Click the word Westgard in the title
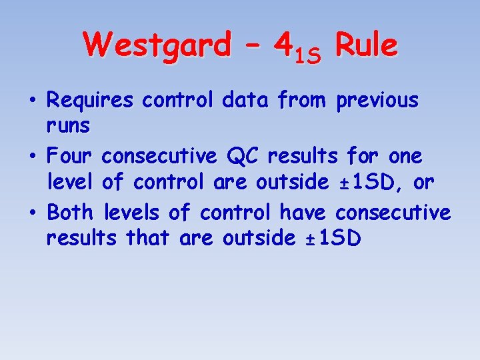(x=156, y=45)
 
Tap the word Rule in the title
(x=366, y=45)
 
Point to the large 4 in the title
(x=283, y=45)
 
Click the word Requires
(x=91, y=101)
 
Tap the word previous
(x=377, y=101)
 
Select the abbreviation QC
(x=243, y=157)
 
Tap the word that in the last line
(x=151, y=237)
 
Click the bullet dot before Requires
(x=33, y=101)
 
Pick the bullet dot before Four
(x=33, y=157)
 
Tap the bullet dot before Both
(x=33, y=213)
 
